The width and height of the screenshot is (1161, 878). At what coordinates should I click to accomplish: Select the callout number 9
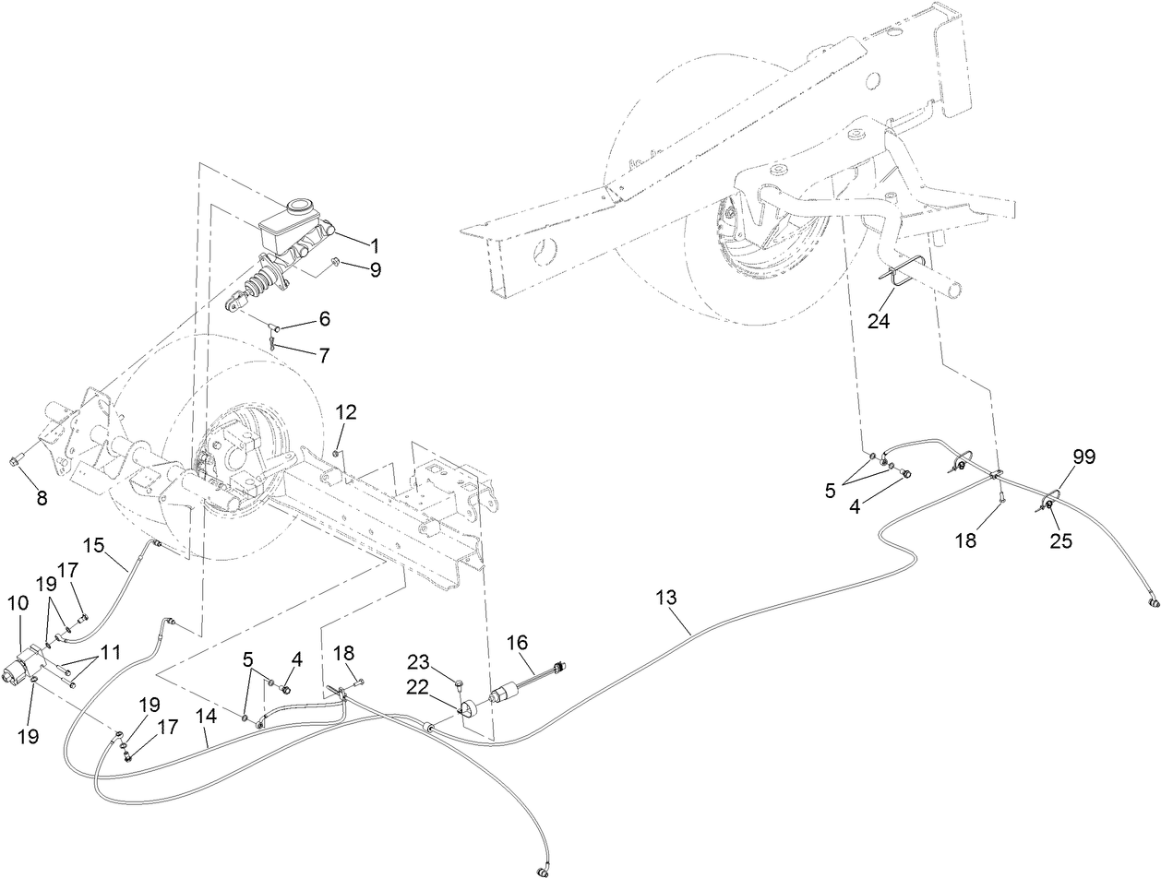(x=375, y=270)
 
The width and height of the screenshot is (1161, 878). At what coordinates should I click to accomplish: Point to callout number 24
(x=880, y=322)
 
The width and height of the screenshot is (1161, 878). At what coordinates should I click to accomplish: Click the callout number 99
(x=1084, y=457)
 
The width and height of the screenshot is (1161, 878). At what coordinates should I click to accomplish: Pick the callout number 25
(x=1061, y=541)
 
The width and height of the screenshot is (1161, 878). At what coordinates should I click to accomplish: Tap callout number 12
(x=344, y=411)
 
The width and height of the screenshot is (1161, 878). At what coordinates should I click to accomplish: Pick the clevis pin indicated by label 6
(x=273, y=326)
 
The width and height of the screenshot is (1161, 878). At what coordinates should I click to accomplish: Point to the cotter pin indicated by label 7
(x=274, y=343)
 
